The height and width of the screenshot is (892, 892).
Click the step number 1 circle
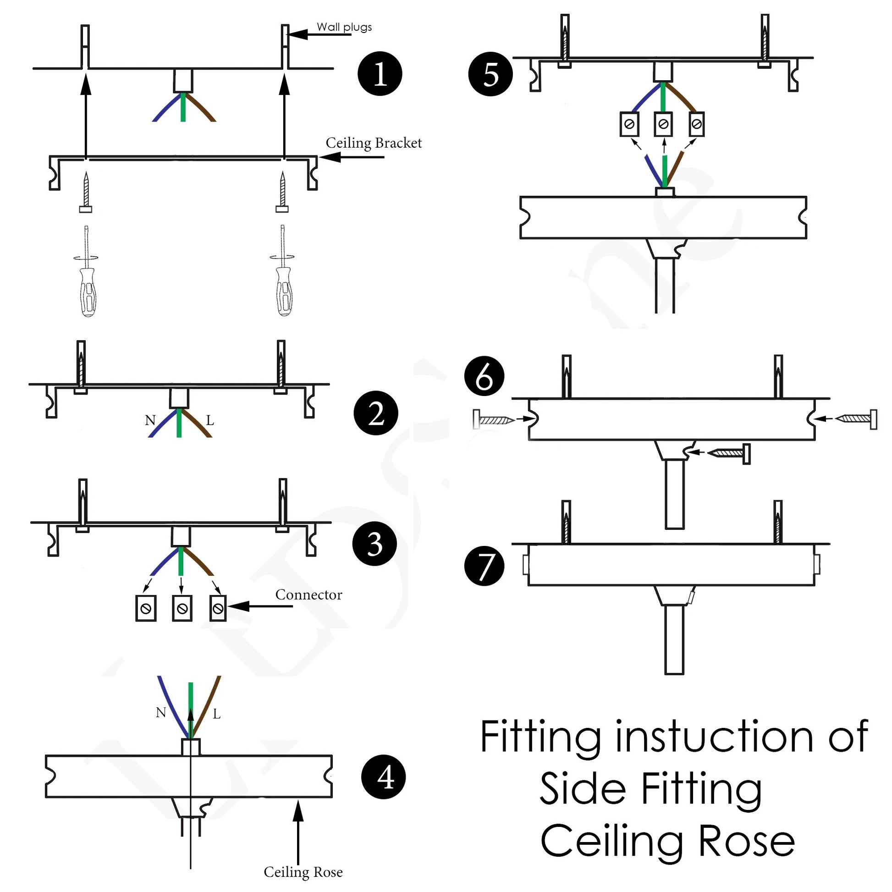(380, 73)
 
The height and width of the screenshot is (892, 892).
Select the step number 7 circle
(485, 566)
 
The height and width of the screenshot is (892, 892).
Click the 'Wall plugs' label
(344, 27)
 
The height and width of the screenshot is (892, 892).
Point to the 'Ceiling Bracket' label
(374, 143)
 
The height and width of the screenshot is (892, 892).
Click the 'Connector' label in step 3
(308, 595)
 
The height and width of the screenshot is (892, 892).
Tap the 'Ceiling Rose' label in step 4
(303, 872)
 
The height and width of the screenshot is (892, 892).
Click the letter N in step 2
(150, 420)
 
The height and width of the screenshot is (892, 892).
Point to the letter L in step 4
(216, 715)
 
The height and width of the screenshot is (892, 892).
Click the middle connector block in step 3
(182, 609)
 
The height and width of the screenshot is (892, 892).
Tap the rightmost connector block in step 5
(696, 124)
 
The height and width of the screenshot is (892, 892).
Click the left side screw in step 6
(493, 419)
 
